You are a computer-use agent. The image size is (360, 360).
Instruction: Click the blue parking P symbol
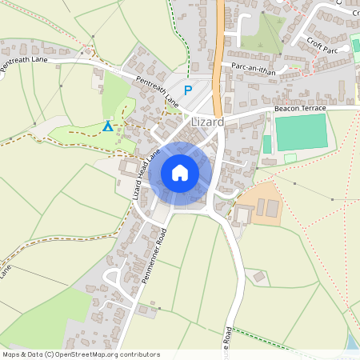tap(188, 90)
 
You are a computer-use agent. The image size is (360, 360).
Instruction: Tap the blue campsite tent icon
tap(108, 126)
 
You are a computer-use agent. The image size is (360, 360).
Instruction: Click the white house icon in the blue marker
tap(180, 173)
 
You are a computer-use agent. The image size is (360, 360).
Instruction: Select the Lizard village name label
tap(207, 122)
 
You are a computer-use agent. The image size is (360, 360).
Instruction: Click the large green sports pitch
tap(302, 130)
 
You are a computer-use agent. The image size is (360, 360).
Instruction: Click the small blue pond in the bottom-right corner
tap(353, 342)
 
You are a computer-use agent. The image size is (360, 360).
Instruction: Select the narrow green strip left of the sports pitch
tap(267, 144)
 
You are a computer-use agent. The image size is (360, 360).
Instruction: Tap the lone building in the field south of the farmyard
tap(259, 277)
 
